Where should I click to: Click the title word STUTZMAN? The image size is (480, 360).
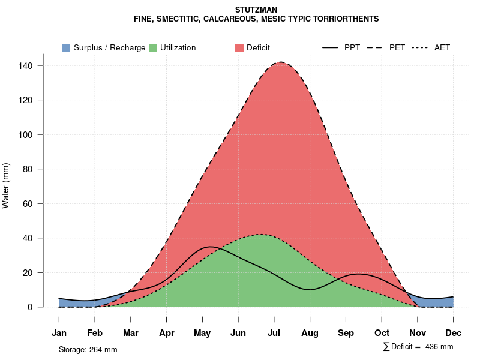pyautogui.click(x=256, y=10)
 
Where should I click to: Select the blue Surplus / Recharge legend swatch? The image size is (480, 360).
pyautogui.click(x=66, y=47)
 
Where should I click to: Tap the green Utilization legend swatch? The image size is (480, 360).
pyautogui.click(x=152, y=47)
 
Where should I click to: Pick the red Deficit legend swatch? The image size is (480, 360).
pyautogui.click(x=239, y=47)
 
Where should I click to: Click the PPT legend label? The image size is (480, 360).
pyautogui.click(x=352, y=47)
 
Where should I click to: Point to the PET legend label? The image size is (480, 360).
pyautogui.click(x=397, y=47)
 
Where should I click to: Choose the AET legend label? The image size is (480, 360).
pyautogui.click(x=442, y=47)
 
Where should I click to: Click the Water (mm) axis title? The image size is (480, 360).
pyautogui.click(x=6, y=186)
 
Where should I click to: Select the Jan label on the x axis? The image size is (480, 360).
pyautogui.click(x=59, y=333)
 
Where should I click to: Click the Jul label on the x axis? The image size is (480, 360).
pyautogui.click(x=274, y=333)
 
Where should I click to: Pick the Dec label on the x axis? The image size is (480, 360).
pyautogui.click(x=454, y=333)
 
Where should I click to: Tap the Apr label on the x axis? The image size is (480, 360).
pyautogui.click(x=167, y=333)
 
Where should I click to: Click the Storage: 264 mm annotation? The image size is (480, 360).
pyautogui.click(x=88, y=349)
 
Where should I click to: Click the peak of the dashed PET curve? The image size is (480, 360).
pyautogui.click(x=280, y=62)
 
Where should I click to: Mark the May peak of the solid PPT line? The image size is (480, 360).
pyautogui.click(x=209, y=247)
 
